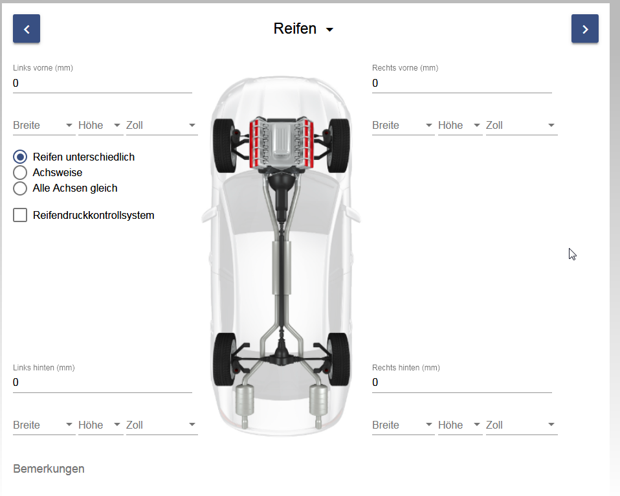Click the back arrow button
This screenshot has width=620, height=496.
(27, 28)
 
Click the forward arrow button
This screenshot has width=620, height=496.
(585, 28)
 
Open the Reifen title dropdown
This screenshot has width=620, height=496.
(304, 29)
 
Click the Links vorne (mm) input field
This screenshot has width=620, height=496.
(102, 83)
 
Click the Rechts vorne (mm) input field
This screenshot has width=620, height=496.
(462, 83)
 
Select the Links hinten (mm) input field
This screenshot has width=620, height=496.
(102, 383)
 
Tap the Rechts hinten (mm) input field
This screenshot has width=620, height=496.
(462, 383)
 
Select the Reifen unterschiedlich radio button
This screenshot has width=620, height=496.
(20, 157)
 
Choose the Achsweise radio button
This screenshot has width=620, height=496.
(20, 172)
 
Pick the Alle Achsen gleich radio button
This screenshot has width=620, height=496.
(20, 188)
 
